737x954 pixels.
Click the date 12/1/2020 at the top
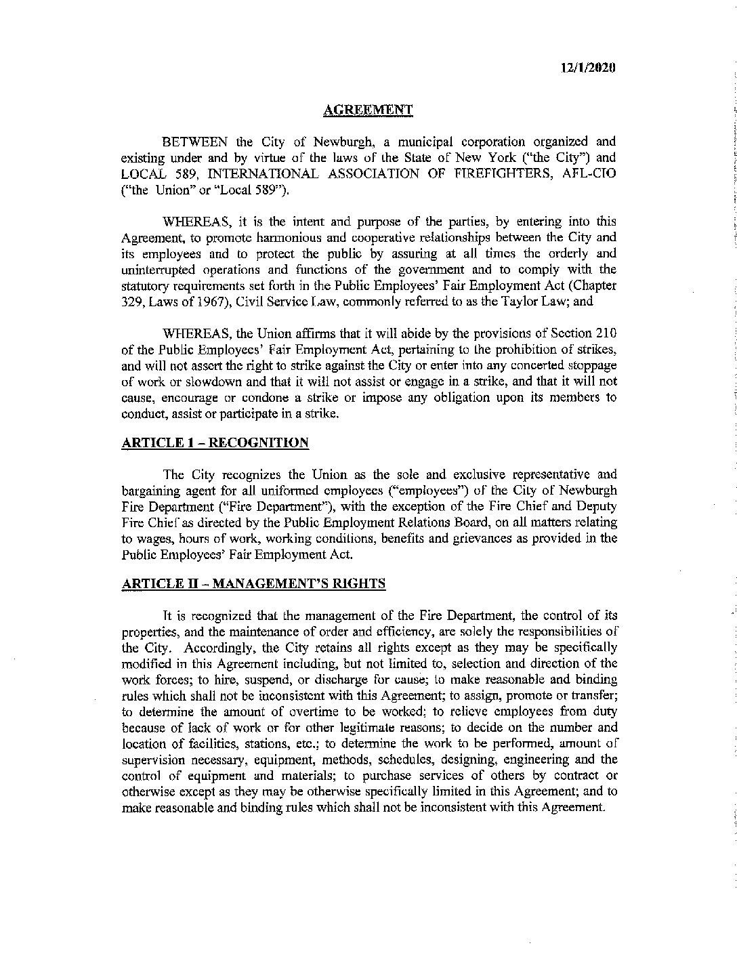click(588, 68)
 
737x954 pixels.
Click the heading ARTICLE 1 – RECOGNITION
click(215, 443)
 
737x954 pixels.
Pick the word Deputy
click(598, 505)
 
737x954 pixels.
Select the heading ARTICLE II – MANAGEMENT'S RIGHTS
click(253, 584)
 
